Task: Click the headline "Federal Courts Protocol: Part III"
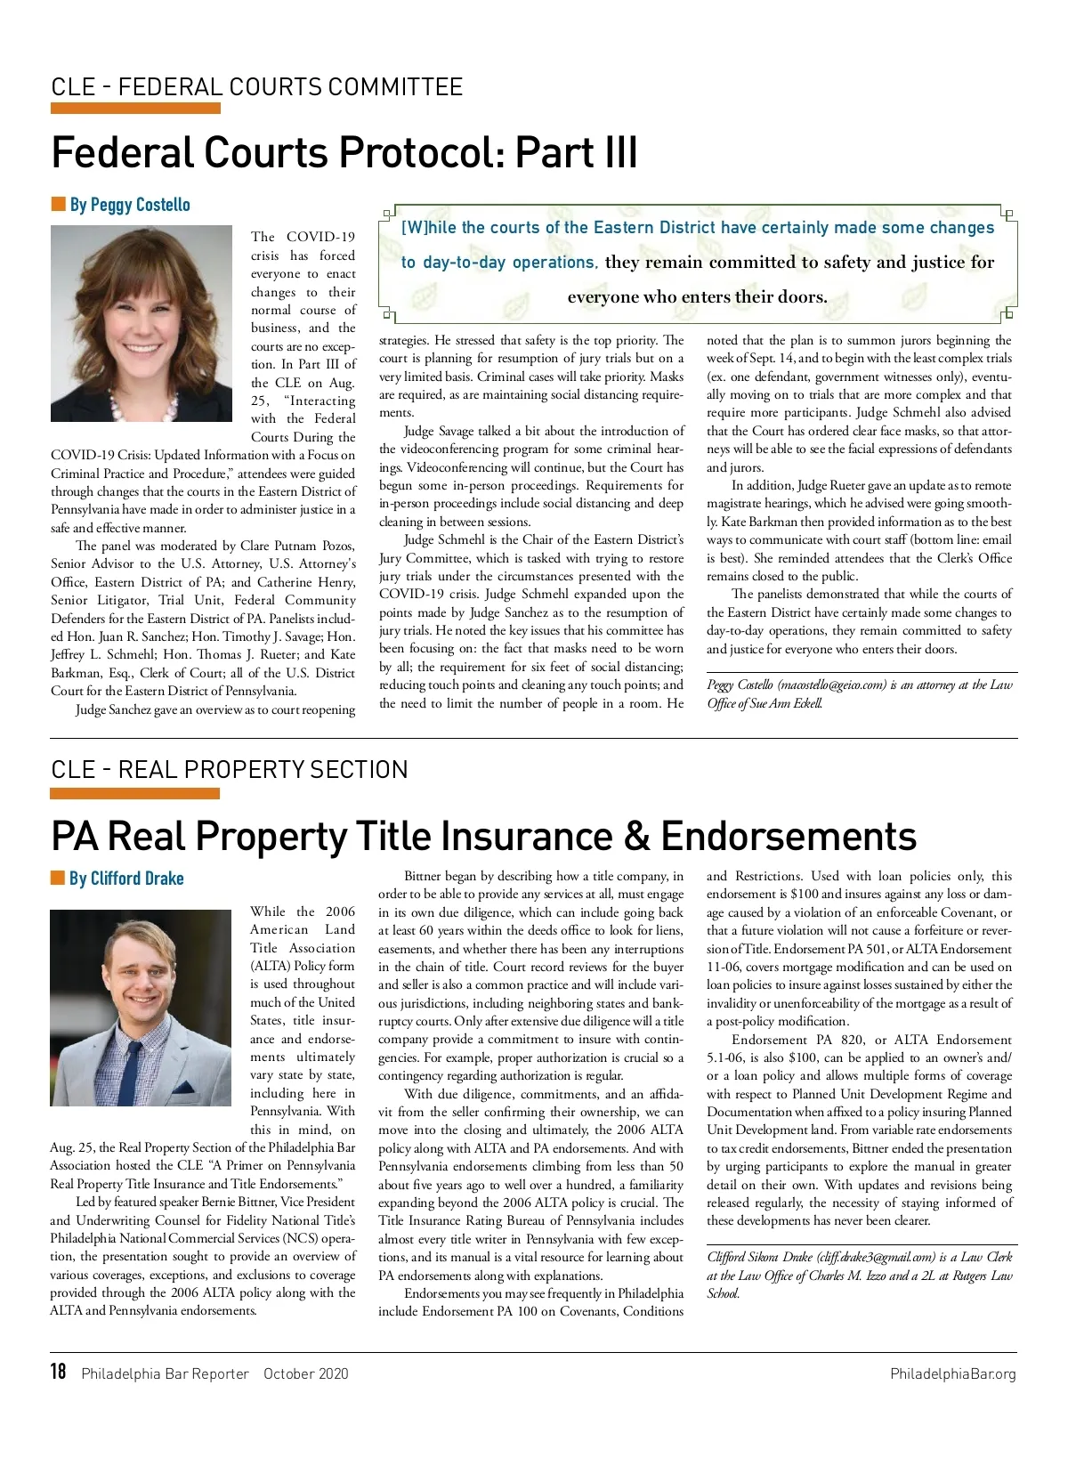pyautogui.click(x=344, y=152)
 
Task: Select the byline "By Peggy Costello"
pyautogui.click(x=130, y=205)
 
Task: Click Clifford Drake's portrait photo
pyautogui.click(x=141, y=1008)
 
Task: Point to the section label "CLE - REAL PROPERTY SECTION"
pyautogui.click(x=230, y=770)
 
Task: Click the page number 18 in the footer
pyautogui.click(x=59, y=1372)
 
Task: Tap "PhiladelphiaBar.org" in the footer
pyautogui.click(x=952, y=1373)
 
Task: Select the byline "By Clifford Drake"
pyautogui.click(x=126, y=879)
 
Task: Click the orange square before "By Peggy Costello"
pyautogui.click(x=59, y=205)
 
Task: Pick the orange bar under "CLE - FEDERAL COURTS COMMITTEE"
pyautogui.click(x=135, y=109)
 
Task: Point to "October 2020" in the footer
pyautogui.click(x=306, y=1373)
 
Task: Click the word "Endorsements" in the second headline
pyautogui.click(x=789, y=837)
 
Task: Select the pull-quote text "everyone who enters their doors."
pyautogui.click(x=697, y=297)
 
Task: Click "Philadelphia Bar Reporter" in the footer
pyautogui.click(x=165, y=1373)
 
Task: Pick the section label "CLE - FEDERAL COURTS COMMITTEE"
pyautogui.click(x=257, y=87)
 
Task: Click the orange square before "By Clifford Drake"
pyautogui.click(x=58, y=879)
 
